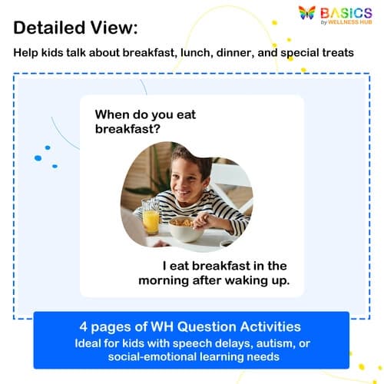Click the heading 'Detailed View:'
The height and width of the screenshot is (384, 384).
point(76,28)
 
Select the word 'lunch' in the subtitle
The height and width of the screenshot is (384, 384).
point(195,54)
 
